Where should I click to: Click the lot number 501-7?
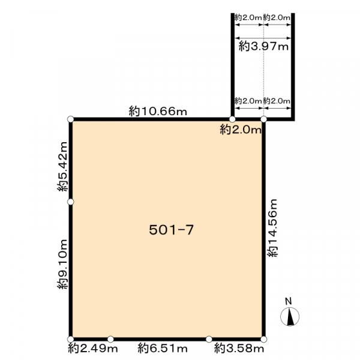pos(172,230)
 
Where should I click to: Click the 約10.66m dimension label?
pos(158,112)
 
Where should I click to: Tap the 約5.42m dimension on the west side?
pos(62,166)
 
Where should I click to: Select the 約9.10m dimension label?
pos(62,264)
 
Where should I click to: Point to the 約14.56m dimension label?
pos(272,228)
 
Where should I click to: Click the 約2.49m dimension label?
pos(93,349)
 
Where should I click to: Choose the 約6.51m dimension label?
pos(163,349)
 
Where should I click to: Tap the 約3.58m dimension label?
pos(239,349)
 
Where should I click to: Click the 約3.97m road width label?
pos(263,47)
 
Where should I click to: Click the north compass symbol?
pos(290,316)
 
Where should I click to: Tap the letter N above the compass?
pos(289,301)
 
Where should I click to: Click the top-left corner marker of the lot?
pos(71,119)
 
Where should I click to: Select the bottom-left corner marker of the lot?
pos(71,339)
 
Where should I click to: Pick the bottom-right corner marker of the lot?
pos(264,339)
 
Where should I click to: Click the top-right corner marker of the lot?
pos(264,119)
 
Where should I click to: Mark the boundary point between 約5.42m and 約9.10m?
pos(71,202)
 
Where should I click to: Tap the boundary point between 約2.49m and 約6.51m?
pos(110,339)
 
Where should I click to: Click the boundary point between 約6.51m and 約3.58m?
pos(209,339)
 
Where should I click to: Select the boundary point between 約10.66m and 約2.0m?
pos(232,119)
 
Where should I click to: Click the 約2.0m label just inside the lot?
pos(241,130)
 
